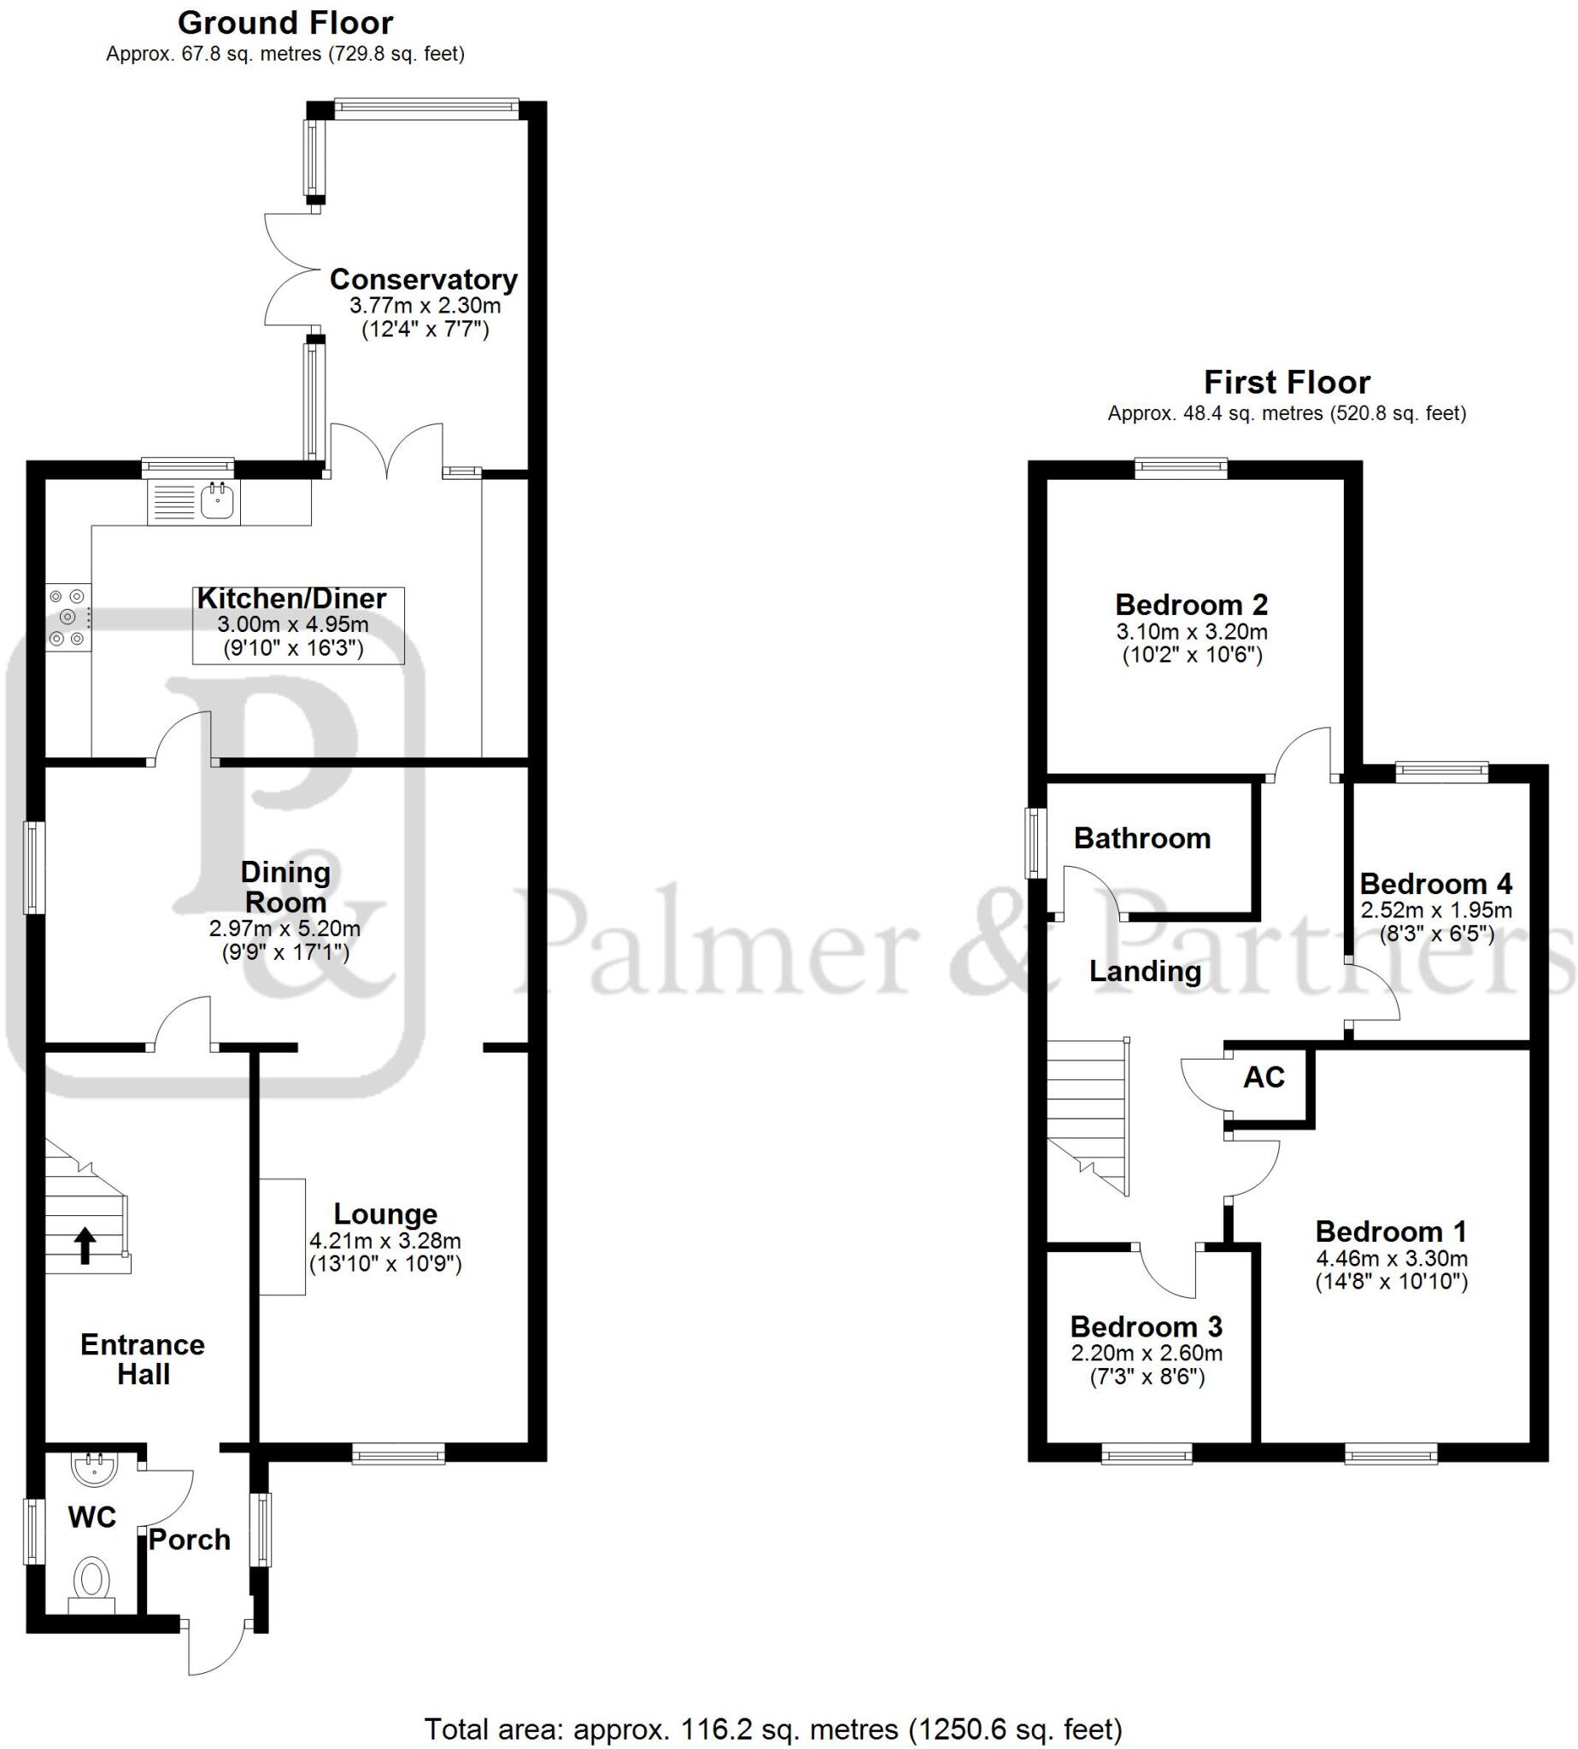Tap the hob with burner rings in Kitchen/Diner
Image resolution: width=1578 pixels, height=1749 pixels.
click(67, 617)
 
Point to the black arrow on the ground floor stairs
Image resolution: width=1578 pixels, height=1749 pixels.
click(85, 1246)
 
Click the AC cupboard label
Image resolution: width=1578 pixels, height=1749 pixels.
click(1264, 1077)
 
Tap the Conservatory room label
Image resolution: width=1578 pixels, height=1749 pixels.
click(423, 280)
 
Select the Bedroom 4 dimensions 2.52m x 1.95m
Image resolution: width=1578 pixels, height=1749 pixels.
click(1436, 910)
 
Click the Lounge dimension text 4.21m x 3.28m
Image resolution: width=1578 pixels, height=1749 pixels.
click(385, 1241)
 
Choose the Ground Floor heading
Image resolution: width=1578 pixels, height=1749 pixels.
click(285, 22)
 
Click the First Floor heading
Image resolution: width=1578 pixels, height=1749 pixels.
click(1287, 383)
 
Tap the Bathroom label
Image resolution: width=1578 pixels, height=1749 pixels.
click(1142, 838)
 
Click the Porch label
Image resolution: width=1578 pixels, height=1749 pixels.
click(189, 1539)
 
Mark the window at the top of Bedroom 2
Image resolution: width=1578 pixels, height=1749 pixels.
click(1181, 469)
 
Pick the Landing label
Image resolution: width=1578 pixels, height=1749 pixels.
click(1145, 972)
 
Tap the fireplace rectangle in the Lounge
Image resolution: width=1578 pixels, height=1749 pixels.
click(282, 1237)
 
